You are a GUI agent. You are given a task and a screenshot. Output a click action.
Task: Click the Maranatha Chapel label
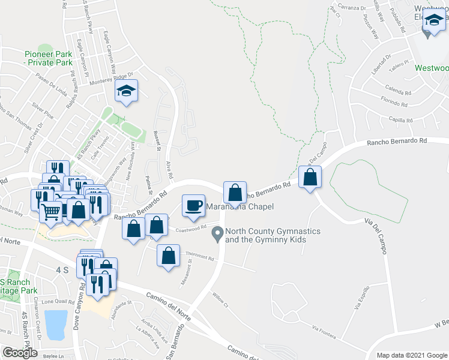click(240, 207)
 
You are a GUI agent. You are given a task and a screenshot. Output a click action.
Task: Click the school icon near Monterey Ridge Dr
click(126, 91)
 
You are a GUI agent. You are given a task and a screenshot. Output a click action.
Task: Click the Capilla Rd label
click(400, 120)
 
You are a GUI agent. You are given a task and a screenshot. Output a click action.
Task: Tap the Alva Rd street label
click(170, 173)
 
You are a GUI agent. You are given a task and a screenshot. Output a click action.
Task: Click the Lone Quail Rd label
click(55, 301)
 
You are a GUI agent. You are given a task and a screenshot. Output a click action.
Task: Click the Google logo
click(20, 353)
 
